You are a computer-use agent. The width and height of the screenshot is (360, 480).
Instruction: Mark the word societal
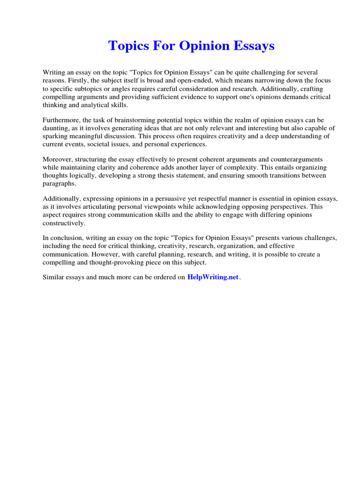tap(105, 144)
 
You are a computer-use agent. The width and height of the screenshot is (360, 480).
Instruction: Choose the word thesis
tap(179, 176)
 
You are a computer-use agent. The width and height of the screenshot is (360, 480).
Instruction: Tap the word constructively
tap(64, 223)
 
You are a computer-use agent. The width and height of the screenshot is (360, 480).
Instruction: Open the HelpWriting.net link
tap(213, 277)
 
